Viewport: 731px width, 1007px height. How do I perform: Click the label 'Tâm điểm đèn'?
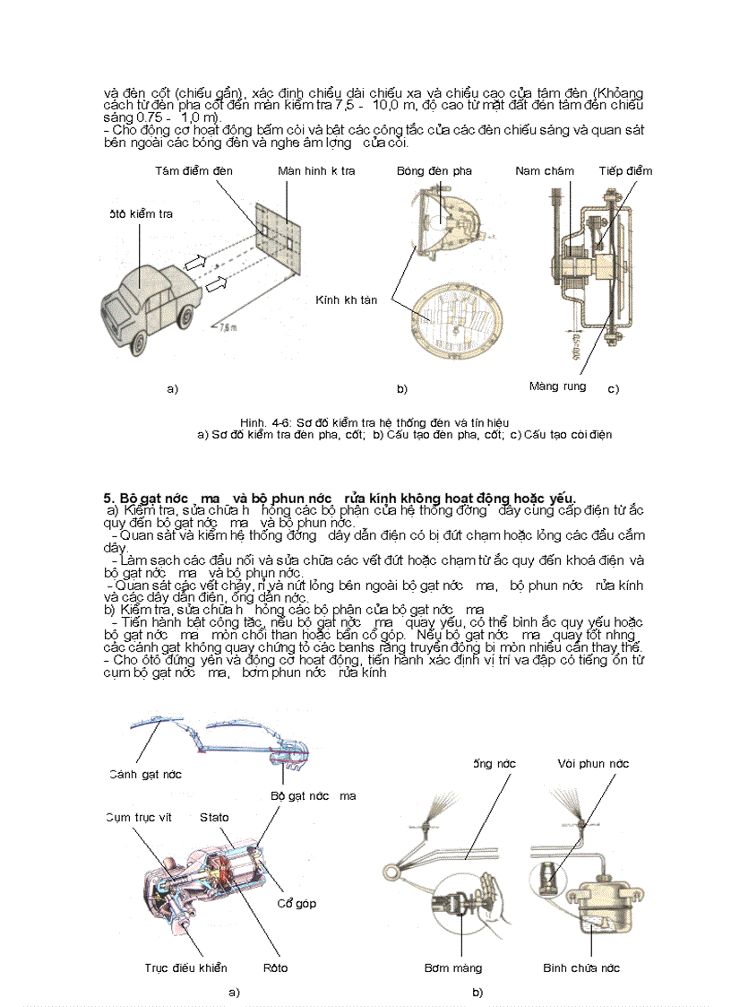(x=194, y=171)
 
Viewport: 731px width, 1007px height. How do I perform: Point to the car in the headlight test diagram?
(x=143, y=300)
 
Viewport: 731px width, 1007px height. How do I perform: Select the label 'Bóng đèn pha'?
(x=434, y=171)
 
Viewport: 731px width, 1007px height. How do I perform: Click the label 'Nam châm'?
(x=545, y=171)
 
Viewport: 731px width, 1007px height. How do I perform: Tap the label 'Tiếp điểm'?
(x=625, y=171)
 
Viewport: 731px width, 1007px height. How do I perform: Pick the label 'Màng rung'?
(x=557, y=386)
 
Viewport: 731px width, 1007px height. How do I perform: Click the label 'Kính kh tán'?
(x=346, y=300)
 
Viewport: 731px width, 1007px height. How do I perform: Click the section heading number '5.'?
(x=110, y=497)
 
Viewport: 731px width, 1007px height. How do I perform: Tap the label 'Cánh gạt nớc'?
(x=146, y=774)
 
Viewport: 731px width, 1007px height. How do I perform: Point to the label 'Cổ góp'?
(x=296, y=903)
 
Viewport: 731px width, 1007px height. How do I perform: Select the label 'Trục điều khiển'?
(x=185, y=968)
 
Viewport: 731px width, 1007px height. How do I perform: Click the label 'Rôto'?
(x=275, y=968)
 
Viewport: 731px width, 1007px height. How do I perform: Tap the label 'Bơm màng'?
(x=453, y=968)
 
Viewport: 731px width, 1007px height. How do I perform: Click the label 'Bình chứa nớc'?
(x=581, y=968)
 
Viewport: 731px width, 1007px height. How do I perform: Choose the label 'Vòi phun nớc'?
(x=592, y=763)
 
